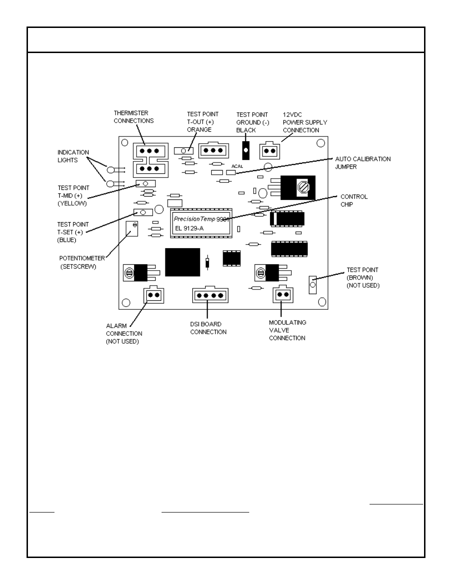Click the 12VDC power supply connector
click(x=270, y=151)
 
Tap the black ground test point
click(x=245, y=150)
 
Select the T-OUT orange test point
click(x=184, y=151)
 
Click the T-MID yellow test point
click(x=145, y=184)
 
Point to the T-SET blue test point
click(x=143, y=212)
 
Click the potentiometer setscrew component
click(x=132, y=229)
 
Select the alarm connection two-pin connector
click(x=154, y=295)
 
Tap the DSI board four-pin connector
click(x=210, y=295)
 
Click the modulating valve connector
click(x=283, y=294)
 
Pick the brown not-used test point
click(x=313, y=285)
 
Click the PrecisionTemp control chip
click(x=201, y=223)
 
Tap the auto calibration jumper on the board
click(x=231, y=172)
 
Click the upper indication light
click(x=111, y=170)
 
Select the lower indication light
click(x=110, y=184)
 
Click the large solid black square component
click(x=182, y=262)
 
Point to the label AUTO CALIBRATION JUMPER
click(x=363, y=163)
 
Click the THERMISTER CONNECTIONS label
click(x=134, y=117)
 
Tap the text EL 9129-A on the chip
click(x=189, y=229)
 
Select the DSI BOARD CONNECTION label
click(x=208, y=328)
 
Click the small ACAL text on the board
click(x=237, y=166)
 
